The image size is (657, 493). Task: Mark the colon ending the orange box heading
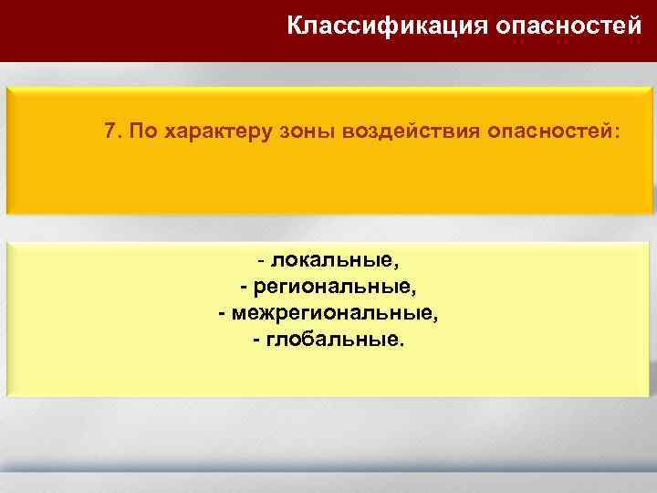point(619,132)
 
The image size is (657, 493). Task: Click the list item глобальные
point(334,341)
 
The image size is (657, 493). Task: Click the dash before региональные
point(243,288)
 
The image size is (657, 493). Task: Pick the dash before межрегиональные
point(222,315)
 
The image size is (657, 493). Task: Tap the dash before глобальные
point(256,341)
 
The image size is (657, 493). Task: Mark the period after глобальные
point(398,345)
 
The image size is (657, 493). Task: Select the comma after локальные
point(397,266)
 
